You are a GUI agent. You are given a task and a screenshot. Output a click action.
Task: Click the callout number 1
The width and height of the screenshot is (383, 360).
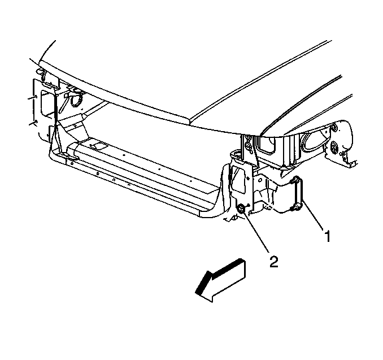coord(327,236)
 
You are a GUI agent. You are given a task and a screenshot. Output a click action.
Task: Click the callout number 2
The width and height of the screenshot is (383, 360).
coord(273,262)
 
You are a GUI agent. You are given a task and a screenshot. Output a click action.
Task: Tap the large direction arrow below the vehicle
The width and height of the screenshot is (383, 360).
coord(220,280)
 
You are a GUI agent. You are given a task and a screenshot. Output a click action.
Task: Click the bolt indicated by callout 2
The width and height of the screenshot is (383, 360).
coord(241,209)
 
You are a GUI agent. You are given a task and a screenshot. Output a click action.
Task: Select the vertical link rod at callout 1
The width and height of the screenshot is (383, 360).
coord(298,194)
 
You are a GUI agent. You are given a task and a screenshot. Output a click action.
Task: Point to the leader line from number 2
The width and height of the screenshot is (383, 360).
coord(256,232)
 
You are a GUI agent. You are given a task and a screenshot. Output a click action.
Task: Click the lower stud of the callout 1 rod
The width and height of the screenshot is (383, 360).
coord(294,207)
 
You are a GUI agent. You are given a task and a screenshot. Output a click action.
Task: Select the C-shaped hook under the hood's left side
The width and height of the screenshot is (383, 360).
coord(76,99)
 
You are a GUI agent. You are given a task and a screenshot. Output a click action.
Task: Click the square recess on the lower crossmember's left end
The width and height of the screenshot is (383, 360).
coord(98,146)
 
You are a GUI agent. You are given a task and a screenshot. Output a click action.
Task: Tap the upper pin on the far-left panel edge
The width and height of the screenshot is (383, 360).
coord(33,98)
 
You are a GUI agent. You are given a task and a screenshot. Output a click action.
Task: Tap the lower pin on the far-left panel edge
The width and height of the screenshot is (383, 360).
coord(33,122)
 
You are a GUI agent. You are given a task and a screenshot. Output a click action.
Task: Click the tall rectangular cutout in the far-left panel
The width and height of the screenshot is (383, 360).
coord(47,103)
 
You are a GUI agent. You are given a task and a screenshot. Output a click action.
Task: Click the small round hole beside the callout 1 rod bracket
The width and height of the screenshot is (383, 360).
coord(260,180)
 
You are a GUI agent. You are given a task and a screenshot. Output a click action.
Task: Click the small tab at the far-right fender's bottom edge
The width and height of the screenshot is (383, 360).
coord(352,163)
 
